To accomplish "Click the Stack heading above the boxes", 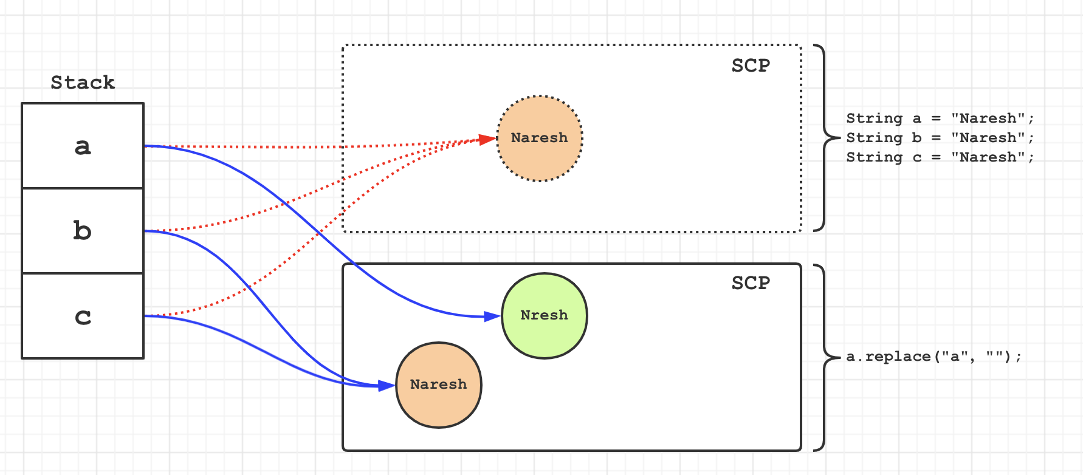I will tap(83, 82).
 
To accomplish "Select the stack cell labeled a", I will tap(83, 146).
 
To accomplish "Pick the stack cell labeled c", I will tap(83, 316).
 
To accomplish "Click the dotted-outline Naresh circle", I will tap(540, 138).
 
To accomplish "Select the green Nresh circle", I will tap(545, 315).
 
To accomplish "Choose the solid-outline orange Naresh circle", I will tap(438, 384).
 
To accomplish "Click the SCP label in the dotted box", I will tap(751, 66).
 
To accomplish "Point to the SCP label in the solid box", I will tap(751, 283).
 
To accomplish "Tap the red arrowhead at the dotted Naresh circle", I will tap(487, 140).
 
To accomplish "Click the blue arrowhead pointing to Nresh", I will tap(492, 316).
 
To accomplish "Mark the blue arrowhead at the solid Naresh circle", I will tap(387, 386).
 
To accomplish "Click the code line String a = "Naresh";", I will tap(940, 118).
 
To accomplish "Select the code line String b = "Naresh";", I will tap(940, 138).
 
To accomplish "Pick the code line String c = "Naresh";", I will tap(940, 157).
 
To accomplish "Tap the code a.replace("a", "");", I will tap(933, 357).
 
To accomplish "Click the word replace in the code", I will tap(898, 357).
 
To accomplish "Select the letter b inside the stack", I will tap(82, 231).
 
